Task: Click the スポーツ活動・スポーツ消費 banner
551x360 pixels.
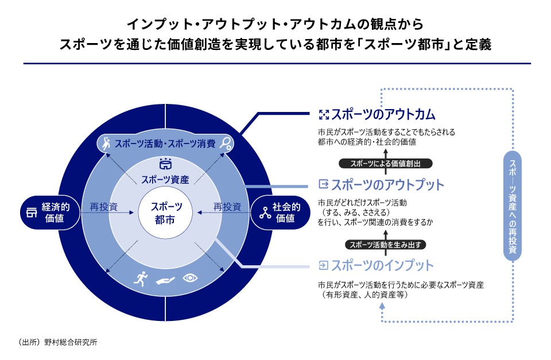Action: (x=166, y=143)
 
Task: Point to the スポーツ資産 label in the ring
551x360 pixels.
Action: (x=165, y=179)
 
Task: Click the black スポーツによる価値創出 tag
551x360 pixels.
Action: (x=385, y=164)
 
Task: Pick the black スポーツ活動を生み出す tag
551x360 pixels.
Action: (x=385, y=245)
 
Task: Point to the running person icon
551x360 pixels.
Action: (x=141, y=279)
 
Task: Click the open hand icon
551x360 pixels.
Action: (x=165, y=280)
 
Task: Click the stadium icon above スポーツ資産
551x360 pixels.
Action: (x=166, y=164)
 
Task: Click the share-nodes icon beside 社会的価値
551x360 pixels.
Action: (x=264, y=213)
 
